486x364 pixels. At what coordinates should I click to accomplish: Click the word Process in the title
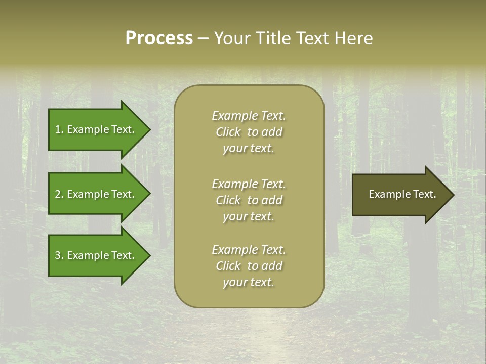(159, 38)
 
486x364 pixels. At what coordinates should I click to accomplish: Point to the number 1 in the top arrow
(58, 129)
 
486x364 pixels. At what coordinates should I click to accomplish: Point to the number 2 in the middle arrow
(58, 194)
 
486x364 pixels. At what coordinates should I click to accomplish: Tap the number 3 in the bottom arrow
(58, 255)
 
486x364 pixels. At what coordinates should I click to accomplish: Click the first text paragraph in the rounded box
(249, 132)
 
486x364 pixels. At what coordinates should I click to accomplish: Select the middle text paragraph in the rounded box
(249, 200)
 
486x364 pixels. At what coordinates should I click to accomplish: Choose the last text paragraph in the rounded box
(249, 266)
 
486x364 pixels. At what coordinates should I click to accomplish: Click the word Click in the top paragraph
(228, 132)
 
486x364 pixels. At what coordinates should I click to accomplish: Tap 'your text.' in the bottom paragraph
(249, 283)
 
